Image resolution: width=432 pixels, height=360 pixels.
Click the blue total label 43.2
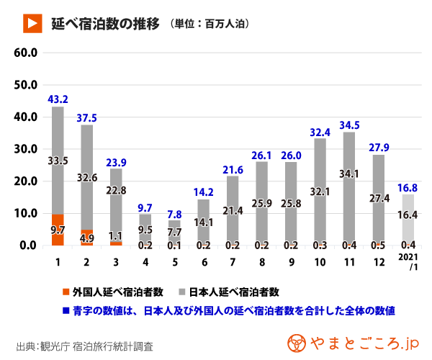pos(58,99)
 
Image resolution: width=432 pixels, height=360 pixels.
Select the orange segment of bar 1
pos(58,230)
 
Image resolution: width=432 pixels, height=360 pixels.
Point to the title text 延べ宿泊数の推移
pos(105,23)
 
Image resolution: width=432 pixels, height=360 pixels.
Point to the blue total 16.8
pos(408,189)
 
